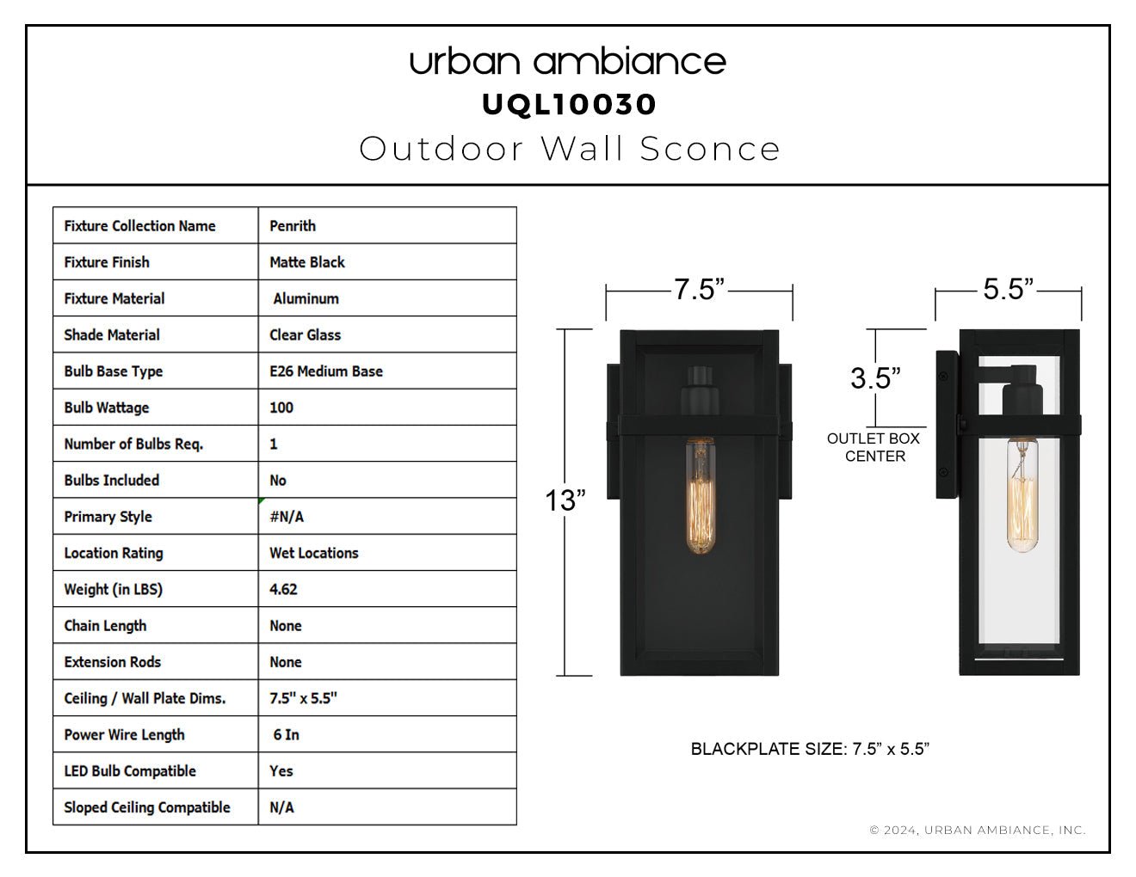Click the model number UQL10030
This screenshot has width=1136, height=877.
tap(569, 105)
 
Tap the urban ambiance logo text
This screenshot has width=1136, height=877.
tap(568, 62)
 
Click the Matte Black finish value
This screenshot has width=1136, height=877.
tap(307, 261)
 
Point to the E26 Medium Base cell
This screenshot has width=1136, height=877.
tap(325, 371)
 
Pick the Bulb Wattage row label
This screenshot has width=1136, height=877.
tap(106, 408)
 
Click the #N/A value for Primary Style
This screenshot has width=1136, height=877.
tap(287, 517)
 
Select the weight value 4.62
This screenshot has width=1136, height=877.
tap(283, 589)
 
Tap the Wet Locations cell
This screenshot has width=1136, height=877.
tap(313, 553)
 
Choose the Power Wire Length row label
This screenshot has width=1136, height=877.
tap(124, 734)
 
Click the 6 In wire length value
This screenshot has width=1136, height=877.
tap(286, 734)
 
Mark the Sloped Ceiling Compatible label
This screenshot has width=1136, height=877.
tap(147, 807)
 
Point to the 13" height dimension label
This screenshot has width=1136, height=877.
tap(565, 500)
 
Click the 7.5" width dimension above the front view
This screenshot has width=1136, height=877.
tap(699, 289)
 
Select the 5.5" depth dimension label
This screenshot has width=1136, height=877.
tap(1009, 288)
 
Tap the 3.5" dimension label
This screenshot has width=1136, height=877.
tap(875, 377)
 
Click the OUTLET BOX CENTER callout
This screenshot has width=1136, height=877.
tap(874, 447)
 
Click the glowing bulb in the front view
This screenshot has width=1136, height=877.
tap(700, 496)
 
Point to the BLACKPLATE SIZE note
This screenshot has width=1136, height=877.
tap(810, 749)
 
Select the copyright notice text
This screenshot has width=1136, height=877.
tap(978, 830)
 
